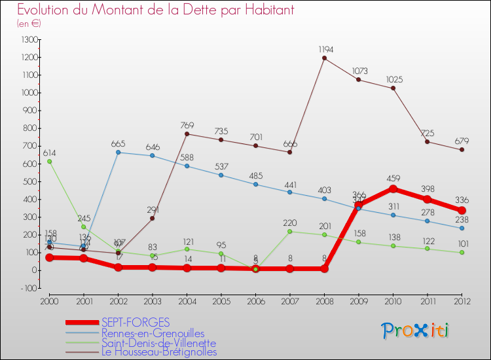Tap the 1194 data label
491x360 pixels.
point(325,50)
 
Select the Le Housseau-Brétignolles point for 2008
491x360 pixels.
point(325,58)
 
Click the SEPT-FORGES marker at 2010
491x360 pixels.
point(393,189)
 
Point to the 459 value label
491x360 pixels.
point(393,177)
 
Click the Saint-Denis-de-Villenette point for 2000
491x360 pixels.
point(50,161)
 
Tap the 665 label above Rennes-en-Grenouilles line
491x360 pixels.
point(118,144)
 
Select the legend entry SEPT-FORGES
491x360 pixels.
point(136,322)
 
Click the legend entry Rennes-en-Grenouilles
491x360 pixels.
point(153,333)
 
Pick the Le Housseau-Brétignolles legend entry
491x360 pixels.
point(159,352)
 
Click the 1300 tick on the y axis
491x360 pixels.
point(29,40)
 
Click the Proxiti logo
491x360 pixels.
point(416,331)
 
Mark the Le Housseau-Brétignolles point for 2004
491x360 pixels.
point(187,134)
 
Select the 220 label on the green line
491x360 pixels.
point(290,223)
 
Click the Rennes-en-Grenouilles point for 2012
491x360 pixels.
point(462,228)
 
